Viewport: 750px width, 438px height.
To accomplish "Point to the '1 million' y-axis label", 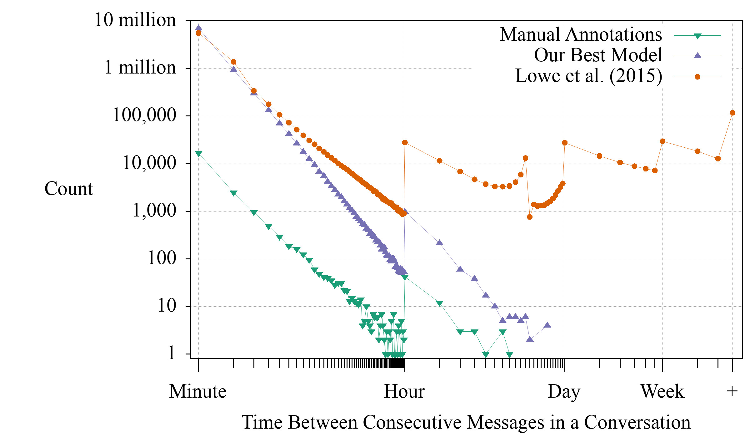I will point(140,68).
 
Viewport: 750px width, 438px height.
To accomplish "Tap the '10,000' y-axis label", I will point(149,163).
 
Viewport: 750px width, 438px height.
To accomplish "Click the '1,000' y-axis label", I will point(154,211).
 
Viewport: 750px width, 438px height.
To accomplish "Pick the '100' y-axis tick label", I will point(162,258).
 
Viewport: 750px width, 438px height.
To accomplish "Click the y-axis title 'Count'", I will point(69,189).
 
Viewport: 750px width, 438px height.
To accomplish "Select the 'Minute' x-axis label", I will point(198,391).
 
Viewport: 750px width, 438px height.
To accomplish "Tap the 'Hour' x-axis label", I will point(404,391).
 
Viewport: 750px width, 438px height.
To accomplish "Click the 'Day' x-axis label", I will point(564,391).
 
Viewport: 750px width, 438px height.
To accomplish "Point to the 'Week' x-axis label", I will point(662,391).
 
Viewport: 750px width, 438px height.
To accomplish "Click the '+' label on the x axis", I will point(732,391).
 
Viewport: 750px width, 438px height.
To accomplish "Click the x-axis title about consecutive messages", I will point(466,422).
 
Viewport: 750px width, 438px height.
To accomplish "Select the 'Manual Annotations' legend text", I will point(581,34).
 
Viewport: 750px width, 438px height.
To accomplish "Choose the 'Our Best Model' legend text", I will point(598,55).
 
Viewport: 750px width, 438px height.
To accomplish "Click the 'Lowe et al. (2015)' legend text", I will point(588,76).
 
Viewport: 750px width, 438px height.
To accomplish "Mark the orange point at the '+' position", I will point(732,113).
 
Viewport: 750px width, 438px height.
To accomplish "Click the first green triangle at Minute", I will point(198,154).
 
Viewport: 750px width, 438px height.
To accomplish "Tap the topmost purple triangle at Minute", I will point(198,28).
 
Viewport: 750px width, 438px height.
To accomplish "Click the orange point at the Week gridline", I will point(662,141).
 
